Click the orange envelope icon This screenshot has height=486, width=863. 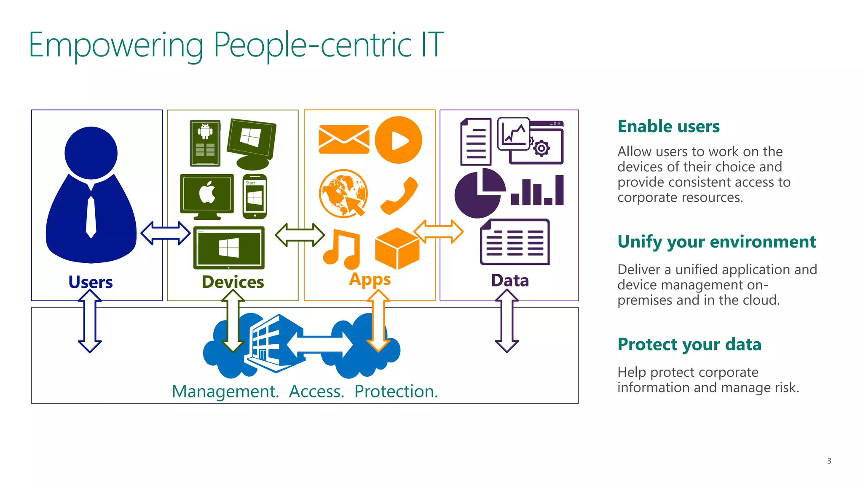click(x=343, y=139)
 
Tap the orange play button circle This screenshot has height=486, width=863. click(x=398, y=140)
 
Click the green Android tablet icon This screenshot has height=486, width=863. click(x=205, y=143)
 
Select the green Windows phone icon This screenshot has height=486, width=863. click(x=255, y=197)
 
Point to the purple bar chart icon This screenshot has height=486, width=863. click(x=537, y=191)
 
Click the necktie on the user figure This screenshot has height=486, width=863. click(x=91, y=216)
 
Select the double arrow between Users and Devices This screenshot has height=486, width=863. click(x=165, y=233)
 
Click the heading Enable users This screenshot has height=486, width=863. click(x=668, y=127)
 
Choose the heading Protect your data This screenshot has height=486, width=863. click(x=689, y=344)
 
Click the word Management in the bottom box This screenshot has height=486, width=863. click(x=225, y=391)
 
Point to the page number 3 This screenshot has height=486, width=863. click(x=829, y=461)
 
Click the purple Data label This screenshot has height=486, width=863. click(x=509, y=281)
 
